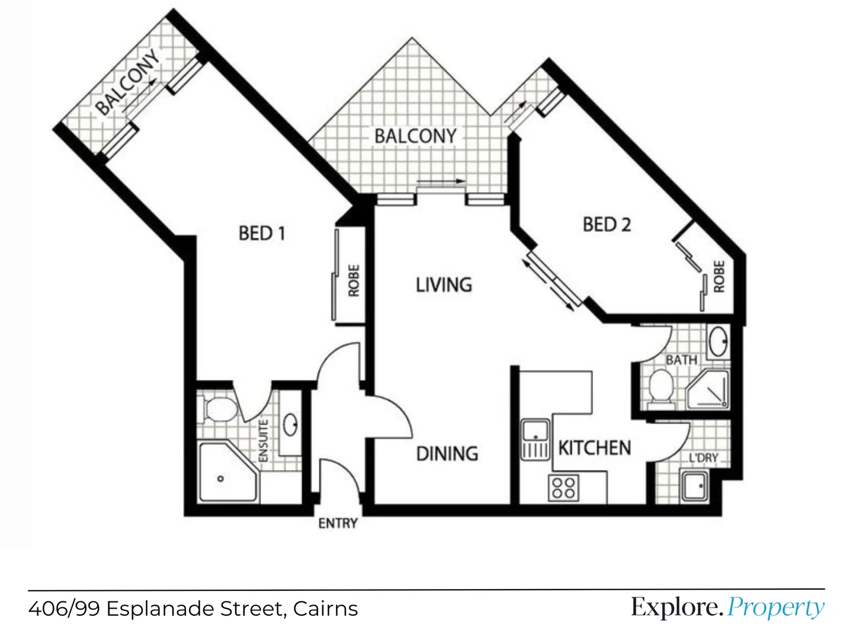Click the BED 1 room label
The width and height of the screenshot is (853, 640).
click(262, 233)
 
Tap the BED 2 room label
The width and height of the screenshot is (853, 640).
click(607, 225)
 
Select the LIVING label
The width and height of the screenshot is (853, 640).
click(444, 285)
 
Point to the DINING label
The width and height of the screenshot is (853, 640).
click(447, 454)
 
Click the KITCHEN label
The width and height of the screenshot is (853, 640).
click(595, 448)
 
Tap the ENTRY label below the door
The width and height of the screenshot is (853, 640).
click(338, 523)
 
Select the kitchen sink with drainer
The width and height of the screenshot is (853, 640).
click(535, 439)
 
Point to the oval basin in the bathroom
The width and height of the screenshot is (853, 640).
click(719, 341)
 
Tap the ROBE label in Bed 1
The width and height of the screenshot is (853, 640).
click(354, 280)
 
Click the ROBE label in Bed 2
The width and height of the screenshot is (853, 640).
click(719, 276)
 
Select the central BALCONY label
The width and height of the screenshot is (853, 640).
click(415, 136)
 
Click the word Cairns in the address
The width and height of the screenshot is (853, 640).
click(325, 609)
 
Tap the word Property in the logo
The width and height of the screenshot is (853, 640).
click(775, 607)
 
